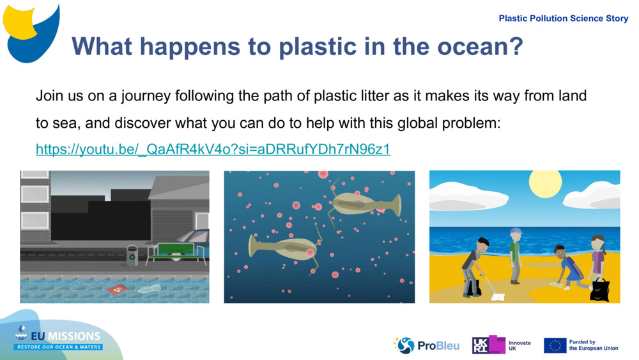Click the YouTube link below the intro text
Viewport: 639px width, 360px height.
pyautogui.click(x=213, y=149)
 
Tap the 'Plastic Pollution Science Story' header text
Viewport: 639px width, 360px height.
pyautogui.click(x=563, y=19)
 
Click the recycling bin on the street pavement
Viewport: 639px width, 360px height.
pyautogui.click(x=132, y=255)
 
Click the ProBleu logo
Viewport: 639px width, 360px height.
pyautogui.click(x=426, y=345)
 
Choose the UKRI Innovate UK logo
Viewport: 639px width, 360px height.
pyautogui.click(x=502, y=345)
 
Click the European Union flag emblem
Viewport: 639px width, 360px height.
pyautogui.click(x=555, y=345)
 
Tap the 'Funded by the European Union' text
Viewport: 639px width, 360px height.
pyautogui.click(x=594, y=345)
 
